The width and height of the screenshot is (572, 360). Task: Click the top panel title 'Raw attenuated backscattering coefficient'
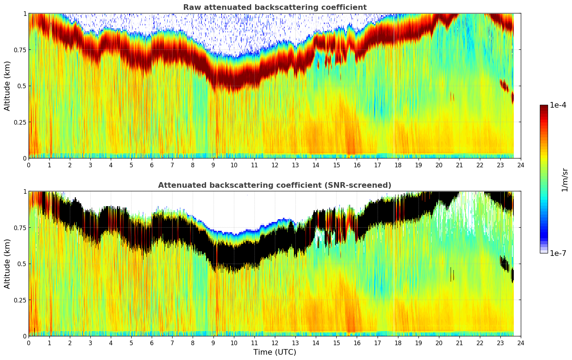coord(275,7)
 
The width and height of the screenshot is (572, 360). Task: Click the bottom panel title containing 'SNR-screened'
coord(275,185)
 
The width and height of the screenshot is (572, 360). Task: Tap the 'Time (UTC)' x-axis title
coord(275,352)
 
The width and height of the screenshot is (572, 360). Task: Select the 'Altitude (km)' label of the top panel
coord(7,86)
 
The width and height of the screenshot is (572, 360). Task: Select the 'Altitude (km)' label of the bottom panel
coord(7,264)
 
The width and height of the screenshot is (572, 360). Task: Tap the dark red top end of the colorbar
coord(544,107)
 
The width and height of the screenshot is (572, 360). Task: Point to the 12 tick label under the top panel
coord(275,165)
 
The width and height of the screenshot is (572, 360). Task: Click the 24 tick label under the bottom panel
coord(521,343)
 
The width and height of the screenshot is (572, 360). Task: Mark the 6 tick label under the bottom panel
coord(152,343)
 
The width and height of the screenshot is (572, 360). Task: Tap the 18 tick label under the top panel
coord(398,165)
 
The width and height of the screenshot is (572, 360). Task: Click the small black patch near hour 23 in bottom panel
coord(505,263)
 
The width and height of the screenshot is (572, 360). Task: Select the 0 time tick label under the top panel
coord(29,165)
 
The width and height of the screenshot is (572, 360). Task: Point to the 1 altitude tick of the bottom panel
coord(25,191)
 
